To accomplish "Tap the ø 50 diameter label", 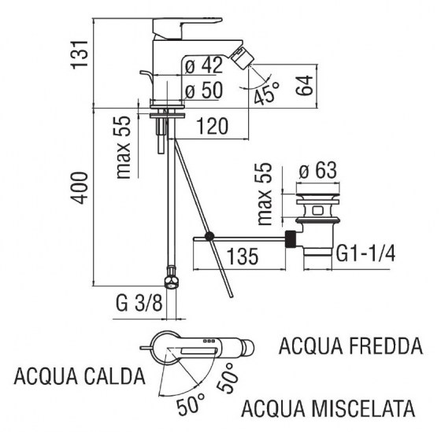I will pyautogui.click(x=202, y=90).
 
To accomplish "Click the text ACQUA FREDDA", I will pyautogui.click(x=350, y=346).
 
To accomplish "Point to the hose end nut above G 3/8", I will pyautogui.click(x=169, y=281).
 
